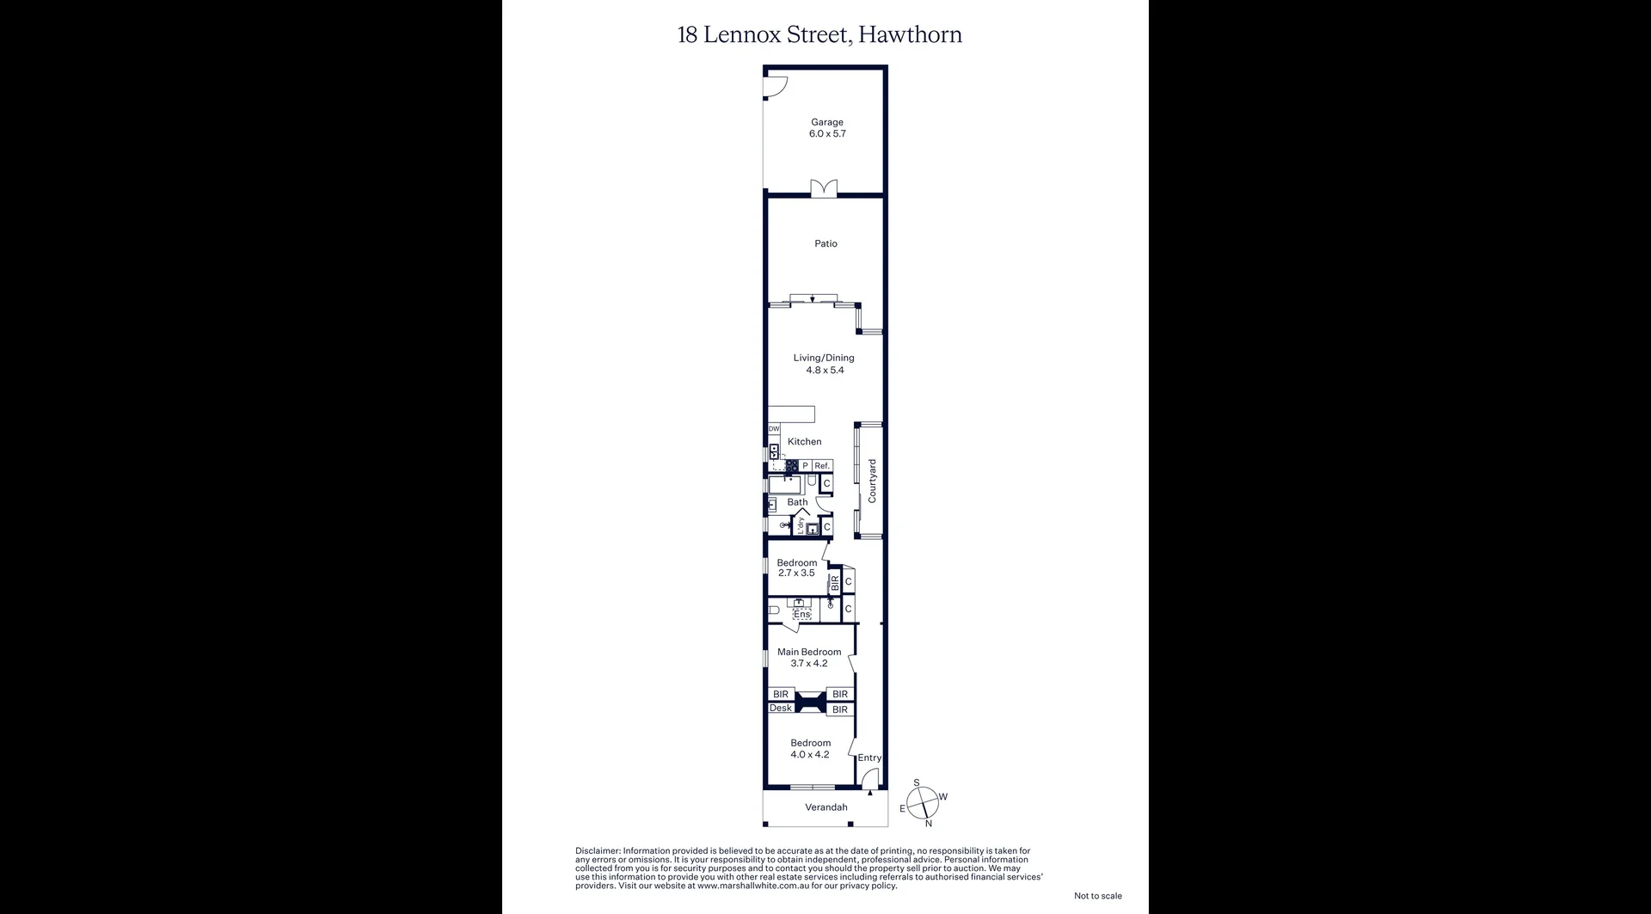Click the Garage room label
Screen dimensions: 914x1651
pos(826,122)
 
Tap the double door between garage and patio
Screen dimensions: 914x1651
pos(824,189)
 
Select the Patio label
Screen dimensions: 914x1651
pos(825,243)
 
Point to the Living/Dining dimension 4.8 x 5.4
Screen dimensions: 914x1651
pos(825,371)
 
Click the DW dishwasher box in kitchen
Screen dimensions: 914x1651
pos(774,428)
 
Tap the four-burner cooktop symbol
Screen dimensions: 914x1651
pos(791,466)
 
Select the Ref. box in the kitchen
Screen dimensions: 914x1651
pos(822,466)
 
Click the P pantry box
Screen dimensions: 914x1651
pos(805,466)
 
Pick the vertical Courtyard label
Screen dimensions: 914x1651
pos(872,481)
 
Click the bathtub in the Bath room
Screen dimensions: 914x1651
pos(785,485)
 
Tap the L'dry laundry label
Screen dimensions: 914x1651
pos(801,525)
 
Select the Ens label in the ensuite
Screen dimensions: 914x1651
pos(801,614)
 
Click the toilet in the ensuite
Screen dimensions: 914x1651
pos(774,610)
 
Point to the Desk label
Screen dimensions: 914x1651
pos(781,709)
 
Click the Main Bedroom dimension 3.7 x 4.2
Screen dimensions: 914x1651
pos(808,664)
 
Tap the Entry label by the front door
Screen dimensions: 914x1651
pos(869,758)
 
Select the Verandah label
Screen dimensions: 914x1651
pos(825,807)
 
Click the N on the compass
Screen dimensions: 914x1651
pos(929,824)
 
